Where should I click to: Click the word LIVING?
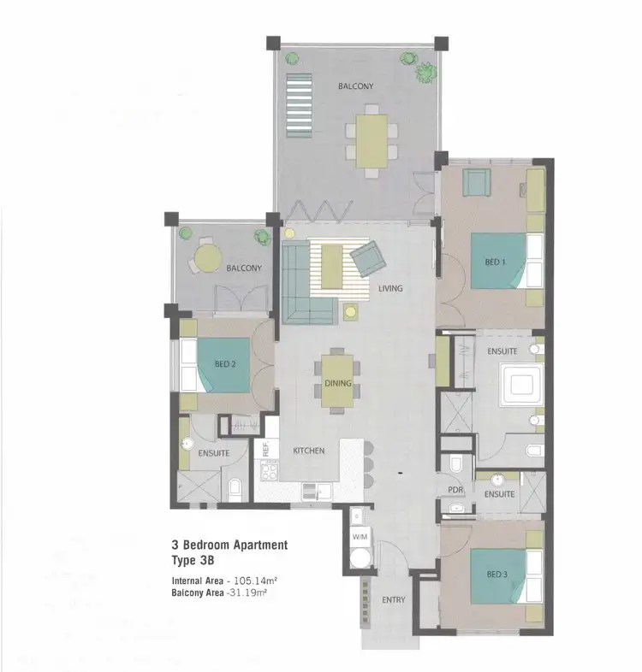(x=390, y=288)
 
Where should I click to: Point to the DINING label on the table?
(x=338, y=383)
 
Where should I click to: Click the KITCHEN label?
(x=308, y=451)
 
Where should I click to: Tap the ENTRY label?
(x=394, y=600)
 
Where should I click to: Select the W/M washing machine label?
(x=360, y=537)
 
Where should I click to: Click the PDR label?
(x=455, y=491)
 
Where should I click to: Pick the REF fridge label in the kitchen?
(x=266, y=446)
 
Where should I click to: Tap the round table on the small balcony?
(x=205, y=254)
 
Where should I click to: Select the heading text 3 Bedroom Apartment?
(x=229, y=545)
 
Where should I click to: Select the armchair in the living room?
(x=367, y=256)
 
